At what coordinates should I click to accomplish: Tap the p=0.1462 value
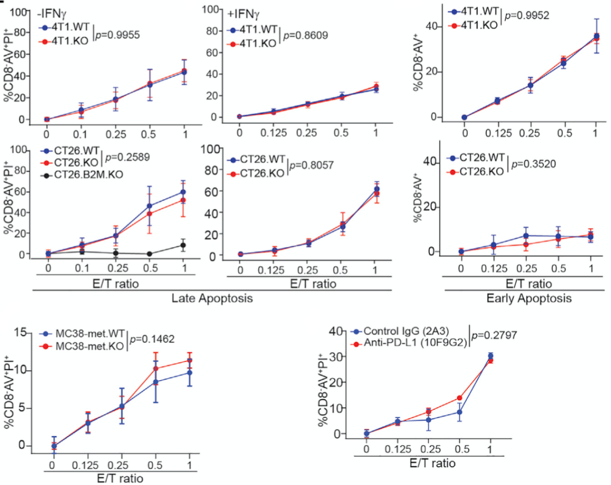pyautogui.click(x=152, y=339)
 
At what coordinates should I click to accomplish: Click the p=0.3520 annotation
pyautogui.click(x=533, y=164)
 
